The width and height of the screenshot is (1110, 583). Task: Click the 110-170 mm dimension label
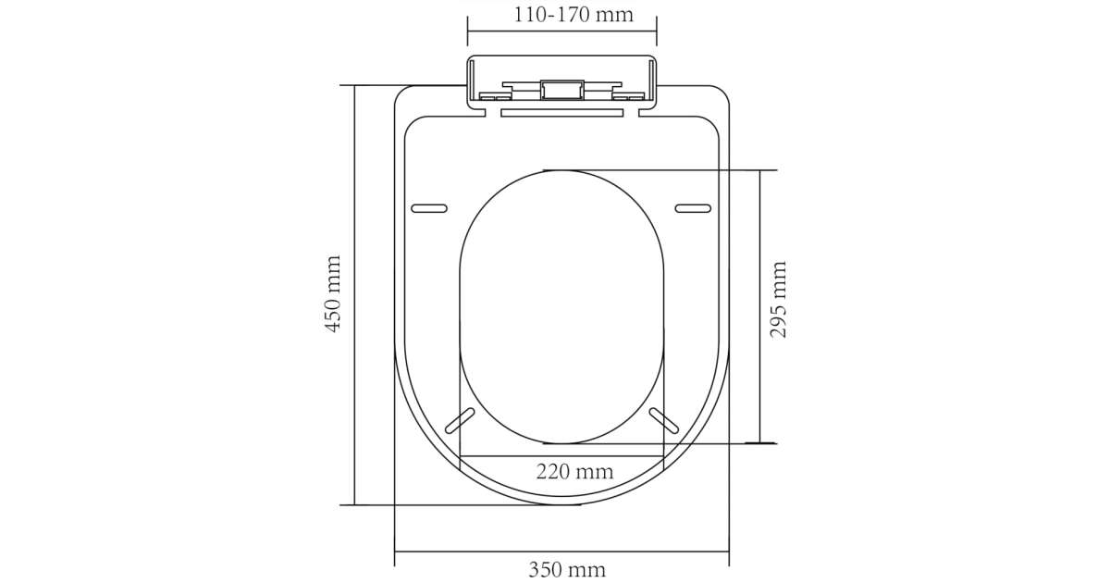tap(573, 15)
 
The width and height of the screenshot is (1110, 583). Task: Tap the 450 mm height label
tap(332, 293)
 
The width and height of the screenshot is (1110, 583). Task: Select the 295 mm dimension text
tap(778, 300)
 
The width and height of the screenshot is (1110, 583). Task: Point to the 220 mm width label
tap(574, 471)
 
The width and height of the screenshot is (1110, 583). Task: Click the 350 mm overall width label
tap(567, 570)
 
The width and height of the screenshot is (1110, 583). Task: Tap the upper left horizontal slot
tap(429, 208)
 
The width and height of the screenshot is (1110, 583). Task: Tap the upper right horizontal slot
tap(693, 208)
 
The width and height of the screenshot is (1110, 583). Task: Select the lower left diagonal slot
tap(460, 420)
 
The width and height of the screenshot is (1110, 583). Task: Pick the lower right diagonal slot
tap(663, 420)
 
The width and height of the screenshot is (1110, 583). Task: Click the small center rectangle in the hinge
tap(562, 90)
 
